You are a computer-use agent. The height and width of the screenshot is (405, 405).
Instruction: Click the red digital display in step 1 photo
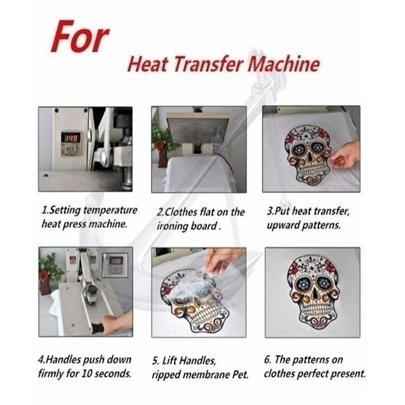70,139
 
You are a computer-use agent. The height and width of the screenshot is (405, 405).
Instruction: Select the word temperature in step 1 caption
111,210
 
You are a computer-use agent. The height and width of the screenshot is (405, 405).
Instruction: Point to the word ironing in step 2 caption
173,226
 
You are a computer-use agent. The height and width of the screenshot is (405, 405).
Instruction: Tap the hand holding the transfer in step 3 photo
345,157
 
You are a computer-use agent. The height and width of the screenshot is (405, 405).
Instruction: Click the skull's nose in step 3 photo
309,155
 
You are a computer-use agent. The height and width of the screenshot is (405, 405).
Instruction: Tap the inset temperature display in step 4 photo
115,265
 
